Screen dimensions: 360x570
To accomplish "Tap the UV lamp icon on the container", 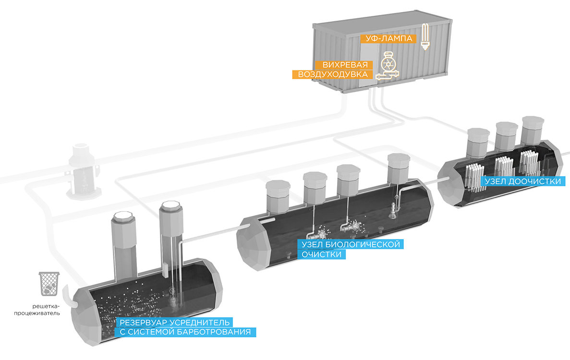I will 424,36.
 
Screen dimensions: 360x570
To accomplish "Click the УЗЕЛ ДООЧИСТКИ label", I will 524,181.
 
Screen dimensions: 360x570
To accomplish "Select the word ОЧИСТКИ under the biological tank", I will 321,255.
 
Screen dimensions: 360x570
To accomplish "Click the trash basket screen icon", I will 49,284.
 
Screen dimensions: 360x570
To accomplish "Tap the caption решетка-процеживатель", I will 43,310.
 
